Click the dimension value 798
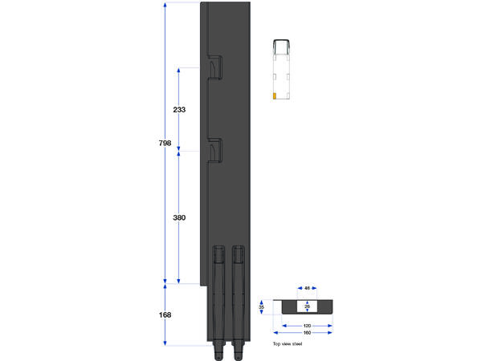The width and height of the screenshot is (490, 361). tap(165, 143)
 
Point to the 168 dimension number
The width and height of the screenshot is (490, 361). tap(165, 314)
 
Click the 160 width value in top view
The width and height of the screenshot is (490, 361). tap(307, 332)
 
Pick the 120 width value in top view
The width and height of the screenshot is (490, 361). tap(307, 326)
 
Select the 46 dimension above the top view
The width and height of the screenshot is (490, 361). tap(307, 289)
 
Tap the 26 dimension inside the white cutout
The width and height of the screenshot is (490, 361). tap(307, 306)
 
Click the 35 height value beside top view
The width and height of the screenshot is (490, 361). tap(262, 306)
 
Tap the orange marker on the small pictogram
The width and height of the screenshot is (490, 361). tap(275, 96)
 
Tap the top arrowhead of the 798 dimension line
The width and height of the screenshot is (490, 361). tap(165, 5)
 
